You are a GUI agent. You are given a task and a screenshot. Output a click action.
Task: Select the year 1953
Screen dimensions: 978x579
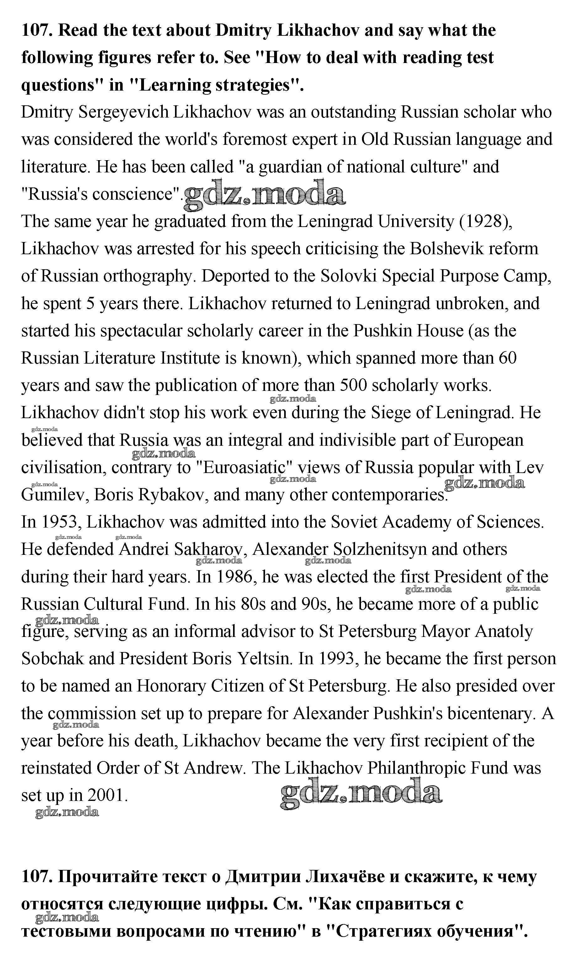click(x=61, y=522)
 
